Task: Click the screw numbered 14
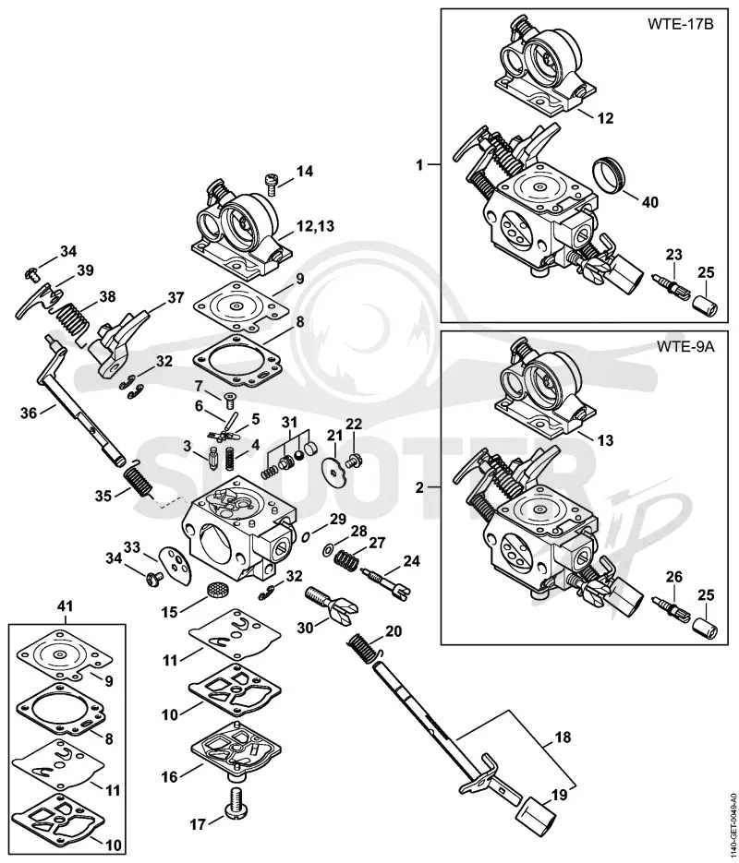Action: click(271, 184)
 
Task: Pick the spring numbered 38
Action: click(71, 322)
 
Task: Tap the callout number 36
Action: click(30, 413)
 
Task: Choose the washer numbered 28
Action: click(328, 549)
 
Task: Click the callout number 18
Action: click(563, 737)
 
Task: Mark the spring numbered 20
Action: click(366, 647)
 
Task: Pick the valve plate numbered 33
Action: click(174, 562)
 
